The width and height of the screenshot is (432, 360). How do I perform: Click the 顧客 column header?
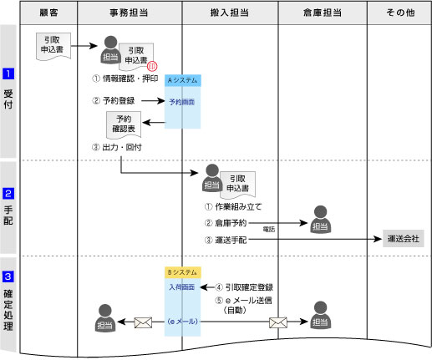[48, 13]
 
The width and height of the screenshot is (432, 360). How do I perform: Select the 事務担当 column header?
[130, 13]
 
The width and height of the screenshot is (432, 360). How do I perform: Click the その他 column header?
[399, 13]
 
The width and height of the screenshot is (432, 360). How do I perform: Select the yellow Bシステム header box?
[183, 273]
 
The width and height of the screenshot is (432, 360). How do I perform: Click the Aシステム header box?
[183, 80]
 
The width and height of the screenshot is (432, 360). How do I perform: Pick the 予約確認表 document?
[124, 124]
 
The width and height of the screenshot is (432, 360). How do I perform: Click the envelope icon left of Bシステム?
[144, 321]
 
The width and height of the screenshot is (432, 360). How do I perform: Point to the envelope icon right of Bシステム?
[278, 321]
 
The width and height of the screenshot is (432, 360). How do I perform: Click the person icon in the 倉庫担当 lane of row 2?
[321, 218]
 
